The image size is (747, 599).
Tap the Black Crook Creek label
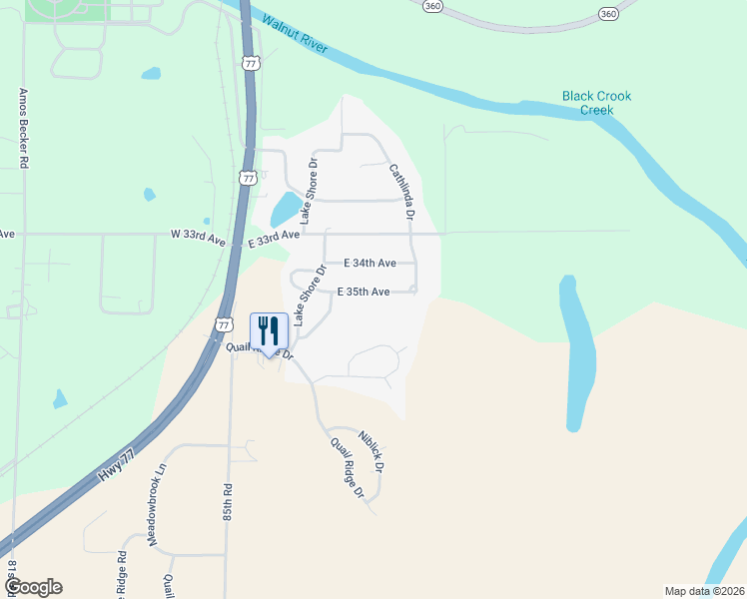(x=596, y=103)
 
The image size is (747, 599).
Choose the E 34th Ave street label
(x=370, y=264)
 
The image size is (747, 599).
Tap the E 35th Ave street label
(x=364, y=293)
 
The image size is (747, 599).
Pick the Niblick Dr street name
(x=372, y=449)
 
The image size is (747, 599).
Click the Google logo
(x=33, y=587)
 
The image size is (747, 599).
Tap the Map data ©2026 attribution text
(x=703, y=590)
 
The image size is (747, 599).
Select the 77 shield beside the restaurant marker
(x=225, y=324)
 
